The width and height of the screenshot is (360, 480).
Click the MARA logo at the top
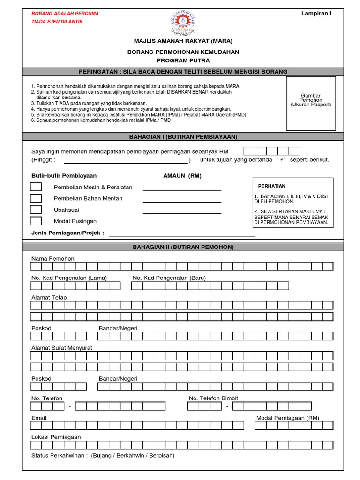coord(182,23)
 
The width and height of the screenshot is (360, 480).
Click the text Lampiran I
coord(316,13)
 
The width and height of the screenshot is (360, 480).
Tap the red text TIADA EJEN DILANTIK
coord(57,22)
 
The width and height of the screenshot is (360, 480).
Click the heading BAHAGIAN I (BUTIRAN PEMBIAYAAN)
coord(183,136)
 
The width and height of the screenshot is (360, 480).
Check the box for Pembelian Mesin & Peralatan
coord(36,187)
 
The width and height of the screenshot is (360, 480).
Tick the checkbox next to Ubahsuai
coord(36,210)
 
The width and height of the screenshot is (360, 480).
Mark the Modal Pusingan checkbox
coord(36,221)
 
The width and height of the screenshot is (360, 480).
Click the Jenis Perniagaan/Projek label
coord(67,233)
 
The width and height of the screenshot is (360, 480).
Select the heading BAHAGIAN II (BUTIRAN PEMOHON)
coord(183,247)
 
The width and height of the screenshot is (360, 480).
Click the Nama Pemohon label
coord(52,259)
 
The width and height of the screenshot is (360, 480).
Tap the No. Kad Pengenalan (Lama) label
coord(69,278)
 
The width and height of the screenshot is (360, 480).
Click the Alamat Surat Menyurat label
coord(61,347)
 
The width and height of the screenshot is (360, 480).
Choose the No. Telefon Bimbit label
coord(213,398)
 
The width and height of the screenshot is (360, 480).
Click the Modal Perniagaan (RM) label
coord(288,418)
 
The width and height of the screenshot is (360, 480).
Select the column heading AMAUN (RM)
coord(182,176)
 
